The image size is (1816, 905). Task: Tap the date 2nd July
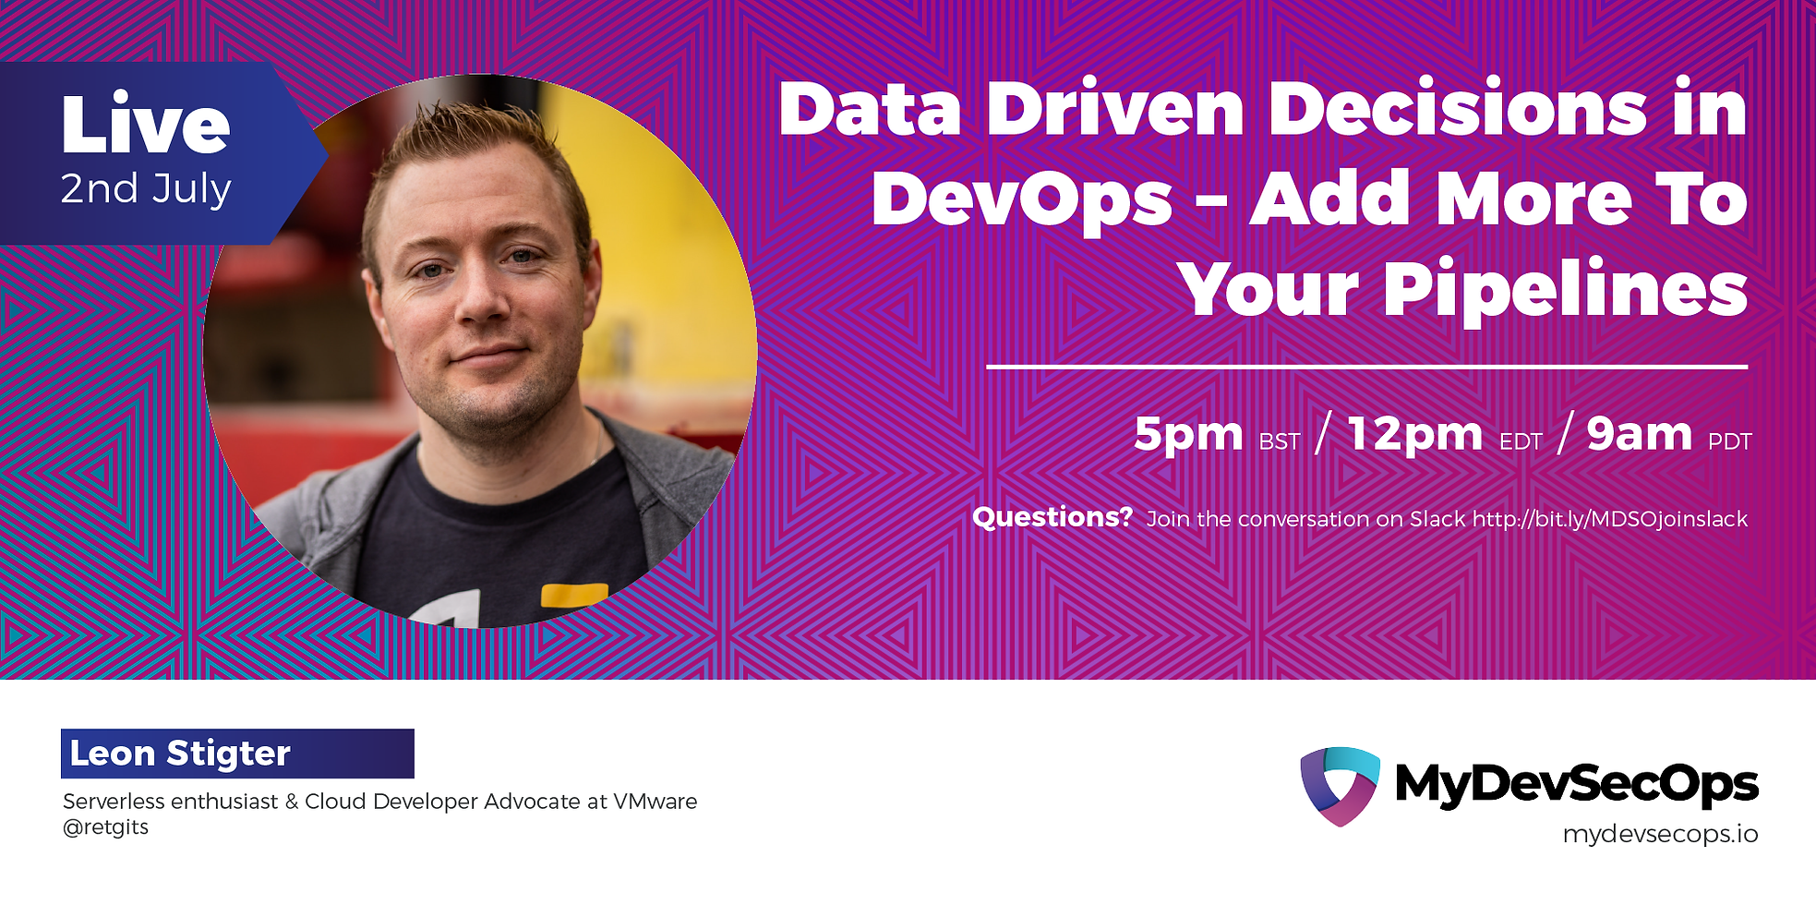146,189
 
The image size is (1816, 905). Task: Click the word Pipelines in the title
1564,289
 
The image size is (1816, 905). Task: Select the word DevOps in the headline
1021,199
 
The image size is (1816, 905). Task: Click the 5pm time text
1188,433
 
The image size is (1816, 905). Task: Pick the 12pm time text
1414,433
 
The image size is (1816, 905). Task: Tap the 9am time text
1639,433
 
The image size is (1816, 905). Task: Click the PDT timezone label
1729,442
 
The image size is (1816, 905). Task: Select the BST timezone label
1279,442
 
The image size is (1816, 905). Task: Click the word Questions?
1052,517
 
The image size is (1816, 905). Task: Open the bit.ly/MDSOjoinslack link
1609,519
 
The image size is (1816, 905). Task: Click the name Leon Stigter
181,754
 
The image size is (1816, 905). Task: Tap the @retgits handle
105,827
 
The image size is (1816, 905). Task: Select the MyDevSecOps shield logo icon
1340,785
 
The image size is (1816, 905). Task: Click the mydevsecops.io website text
1659,834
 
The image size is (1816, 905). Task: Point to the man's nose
482,300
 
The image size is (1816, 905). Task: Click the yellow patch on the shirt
573,596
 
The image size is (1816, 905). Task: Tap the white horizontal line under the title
1366,367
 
